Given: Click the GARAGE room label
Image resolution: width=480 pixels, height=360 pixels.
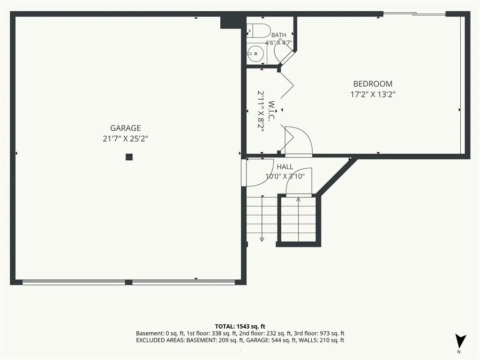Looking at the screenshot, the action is click(x=126, y=128).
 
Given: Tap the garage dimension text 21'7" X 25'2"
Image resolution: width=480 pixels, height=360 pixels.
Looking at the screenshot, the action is click(x=126, y=139).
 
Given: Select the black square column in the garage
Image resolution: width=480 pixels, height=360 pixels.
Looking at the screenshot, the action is click(x=129, y=157).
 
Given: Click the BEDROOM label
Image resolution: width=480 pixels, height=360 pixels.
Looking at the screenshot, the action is click(x=373, y=84).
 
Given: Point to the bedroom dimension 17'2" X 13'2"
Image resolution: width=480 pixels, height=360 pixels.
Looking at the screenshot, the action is click(x=373, y=94).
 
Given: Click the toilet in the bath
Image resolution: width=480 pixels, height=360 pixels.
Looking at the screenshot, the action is click(x=258, y=30).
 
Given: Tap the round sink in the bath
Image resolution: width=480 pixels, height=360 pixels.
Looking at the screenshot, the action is click(x=255, y=54).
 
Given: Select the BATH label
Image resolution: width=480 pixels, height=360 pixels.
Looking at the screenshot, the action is click(x=278, y=35).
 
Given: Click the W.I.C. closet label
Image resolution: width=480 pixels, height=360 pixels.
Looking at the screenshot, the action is click(x=271, y=111).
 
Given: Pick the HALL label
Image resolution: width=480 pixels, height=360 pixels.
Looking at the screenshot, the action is click(x=285, y=167).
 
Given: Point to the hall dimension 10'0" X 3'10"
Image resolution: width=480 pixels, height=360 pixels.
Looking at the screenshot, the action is click(x=285, y=176).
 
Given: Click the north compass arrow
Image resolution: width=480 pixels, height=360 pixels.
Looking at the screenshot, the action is click(x=460, y=341).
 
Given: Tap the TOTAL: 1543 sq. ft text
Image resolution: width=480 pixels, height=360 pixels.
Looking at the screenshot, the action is click(x=240, y=326).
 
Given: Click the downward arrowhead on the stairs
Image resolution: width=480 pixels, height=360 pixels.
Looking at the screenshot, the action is click(x=262, y=240).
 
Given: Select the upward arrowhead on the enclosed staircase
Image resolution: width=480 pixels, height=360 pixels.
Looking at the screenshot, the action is click(x=299, y=200).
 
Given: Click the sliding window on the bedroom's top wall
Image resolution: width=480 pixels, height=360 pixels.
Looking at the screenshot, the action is click(x=414, y=14).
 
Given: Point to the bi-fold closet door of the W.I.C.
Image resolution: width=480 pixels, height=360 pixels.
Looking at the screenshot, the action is click(x=287, y=85).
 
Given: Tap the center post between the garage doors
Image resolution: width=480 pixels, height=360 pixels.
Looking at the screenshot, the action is click(x=128, y=282).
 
